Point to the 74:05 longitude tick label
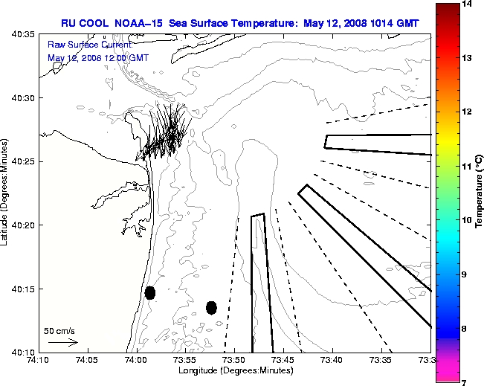(88, 361)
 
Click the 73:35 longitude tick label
(381, 361)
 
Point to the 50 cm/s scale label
(59, 331)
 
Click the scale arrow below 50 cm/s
(63, 343)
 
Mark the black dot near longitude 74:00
(150, 292)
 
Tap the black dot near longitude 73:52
(211, 307)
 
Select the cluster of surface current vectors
(167, 132)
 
